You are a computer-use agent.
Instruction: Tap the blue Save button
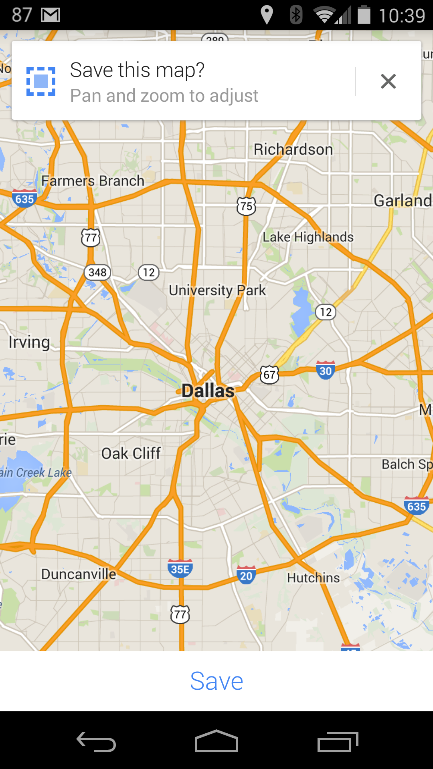(216, 681)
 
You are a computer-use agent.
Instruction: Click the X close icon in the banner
(388, 81)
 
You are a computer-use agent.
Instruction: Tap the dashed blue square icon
(41, 81)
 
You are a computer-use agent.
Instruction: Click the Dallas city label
(208, 391)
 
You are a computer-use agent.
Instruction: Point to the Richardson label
(293, 149)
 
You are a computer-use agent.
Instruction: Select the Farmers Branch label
(93, 181)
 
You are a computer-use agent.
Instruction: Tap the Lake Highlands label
(308, 237)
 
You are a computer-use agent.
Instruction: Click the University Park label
(217, 290)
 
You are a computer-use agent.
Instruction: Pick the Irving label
(29, 342)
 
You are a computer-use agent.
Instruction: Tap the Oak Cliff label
(131, 453)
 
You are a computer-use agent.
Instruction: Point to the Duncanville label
(79, 574)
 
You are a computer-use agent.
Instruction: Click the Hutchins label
(313, 578)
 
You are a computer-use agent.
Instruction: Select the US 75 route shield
(246, 206)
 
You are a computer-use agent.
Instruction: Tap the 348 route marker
(97, 272)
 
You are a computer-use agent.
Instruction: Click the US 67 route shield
(269, 375)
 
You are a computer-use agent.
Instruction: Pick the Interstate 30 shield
(326, 370)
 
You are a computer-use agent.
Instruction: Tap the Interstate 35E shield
(180, 568)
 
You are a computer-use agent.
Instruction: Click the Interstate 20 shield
(246, 575)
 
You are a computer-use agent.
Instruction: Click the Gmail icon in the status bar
(51, 15)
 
